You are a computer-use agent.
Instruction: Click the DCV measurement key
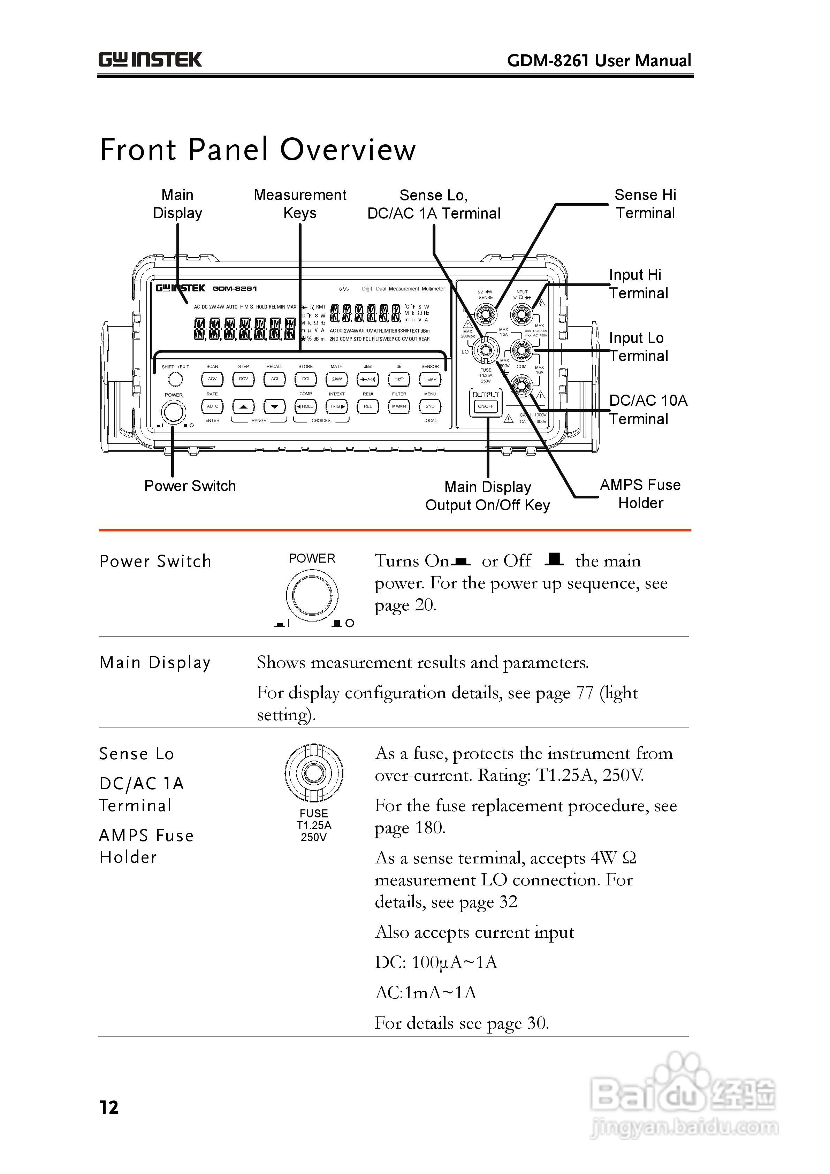[243, 379]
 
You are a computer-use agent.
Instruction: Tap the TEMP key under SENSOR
[430, 379]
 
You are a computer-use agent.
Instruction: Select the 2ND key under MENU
[430, 406]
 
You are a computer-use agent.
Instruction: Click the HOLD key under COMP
[306, 406]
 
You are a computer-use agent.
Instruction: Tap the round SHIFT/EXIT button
[175, 379]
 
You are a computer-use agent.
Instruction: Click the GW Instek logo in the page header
[150, 60]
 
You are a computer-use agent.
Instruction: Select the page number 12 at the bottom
[109, 1107]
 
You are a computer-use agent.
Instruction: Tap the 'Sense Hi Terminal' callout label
[645, 204]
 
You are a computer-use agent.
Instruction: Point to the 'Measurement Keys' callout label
[300, 204]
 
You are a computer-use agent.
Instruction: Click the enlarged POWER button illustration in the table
[312, 595]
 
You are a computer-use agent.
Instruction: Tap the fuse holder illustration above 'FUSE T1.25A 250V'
[313, 773]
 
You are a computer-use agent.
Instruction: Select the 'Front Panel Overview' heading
[258, 150]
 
